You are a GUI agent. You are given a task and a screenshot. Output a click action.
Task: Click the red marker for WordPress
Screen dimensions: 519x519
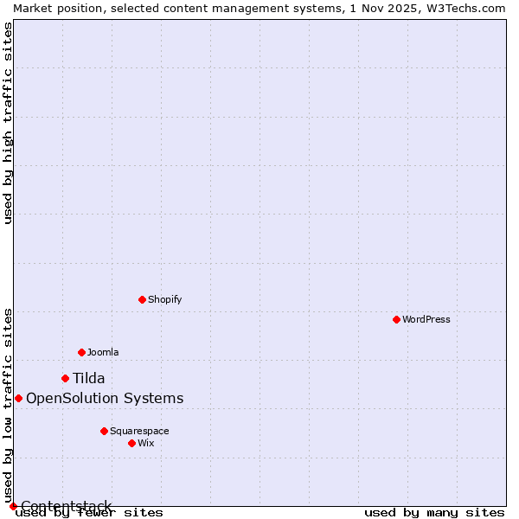pos(396,319)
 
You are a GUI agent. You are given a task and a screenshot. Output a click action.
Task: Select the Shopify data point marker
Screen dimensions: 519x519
pos(142,299)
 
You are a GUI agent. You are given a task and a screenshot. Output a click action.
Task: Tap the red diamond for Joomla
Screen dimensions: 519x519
pos(81,352)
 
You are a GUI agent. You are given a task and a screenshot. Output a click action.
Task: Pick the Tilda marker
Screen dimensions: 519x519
pos(65,378)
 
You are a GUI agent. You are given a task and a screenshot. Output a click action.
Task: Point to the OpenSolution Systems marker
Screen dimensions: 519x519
pos(18,398)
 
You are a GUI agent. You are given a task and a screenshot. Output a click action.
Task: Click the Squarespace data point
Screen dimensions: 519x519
pos(104,431)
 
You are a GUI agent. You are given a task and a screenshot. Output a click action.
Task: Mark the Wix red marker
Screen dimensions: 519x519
pos(131,443)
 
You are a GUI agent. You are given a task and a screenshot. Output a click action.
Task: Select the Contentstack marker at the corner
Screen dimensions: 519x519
pos(13,506)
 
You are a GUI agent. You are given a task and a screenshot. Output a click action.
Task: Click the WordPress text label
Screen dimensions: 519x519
pos(426,319)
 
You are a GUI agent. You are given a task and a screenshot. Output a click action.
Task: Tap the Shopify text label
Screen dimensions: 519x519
pos(164,299)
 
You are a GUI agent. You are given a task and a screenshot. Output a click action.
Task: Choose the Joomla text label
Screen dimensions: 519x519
pos(103,352)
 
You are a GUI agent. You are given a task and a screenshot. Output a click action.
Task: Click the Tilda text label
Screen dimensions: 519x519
pos(88,378)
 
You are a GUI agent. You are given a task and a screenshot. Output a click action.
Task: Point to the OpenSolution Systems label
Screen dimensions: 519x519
pos(105,398)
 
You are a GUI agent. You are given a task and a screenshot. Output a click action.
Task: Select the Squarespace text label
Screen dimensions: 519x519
pos(139,431)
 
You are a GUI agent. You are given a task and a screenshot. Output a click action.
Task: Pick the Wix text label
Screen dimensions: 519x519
pos(146,443)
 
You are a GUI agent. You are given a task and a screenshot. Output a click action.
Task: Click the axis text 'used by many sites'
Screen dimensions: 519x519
pos(434,512)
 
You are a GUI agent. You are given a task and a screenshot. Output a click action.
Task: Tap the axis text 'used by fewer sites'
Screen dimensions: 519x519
pos(90,512)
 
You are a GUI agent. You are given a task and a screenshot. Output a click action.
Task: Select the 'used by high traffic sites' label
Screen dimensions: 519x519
pos(8,123)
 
